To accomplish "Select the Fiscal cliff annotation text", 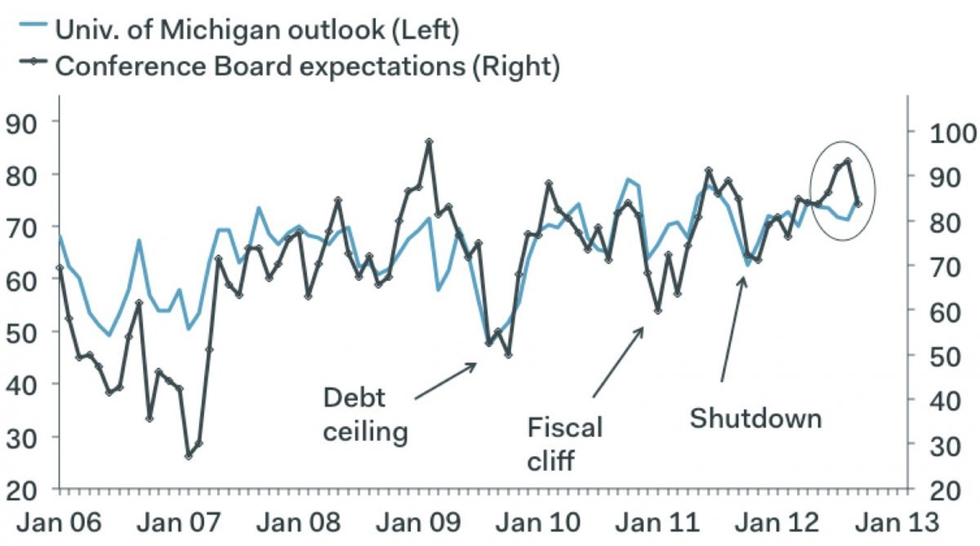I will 563,442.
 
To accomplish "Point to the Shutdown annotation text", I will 755,418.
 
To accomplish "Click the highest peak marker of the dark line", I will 429,142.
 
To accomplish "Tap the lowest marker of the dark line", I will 189,455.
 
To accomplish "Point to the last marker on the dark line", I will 857,203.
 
